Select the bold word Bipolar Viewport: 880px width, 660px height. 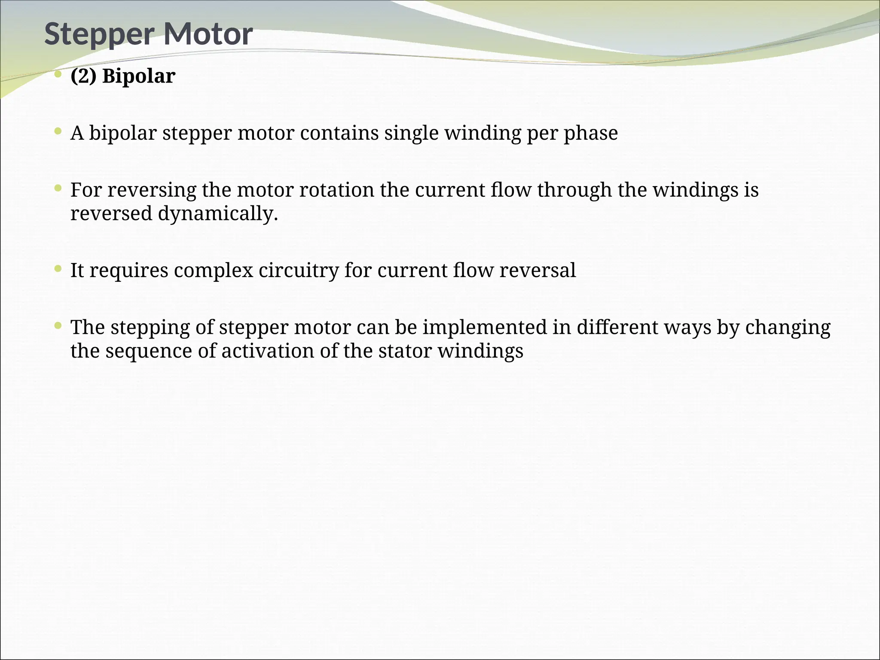click(x=139, y=76)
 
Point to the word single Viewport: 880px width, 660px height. click(x=411, y=133)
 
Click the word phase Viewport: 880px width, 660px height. click(x=591, y=133)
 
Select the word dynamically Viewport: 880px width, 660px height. click(x=218, y=214)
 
